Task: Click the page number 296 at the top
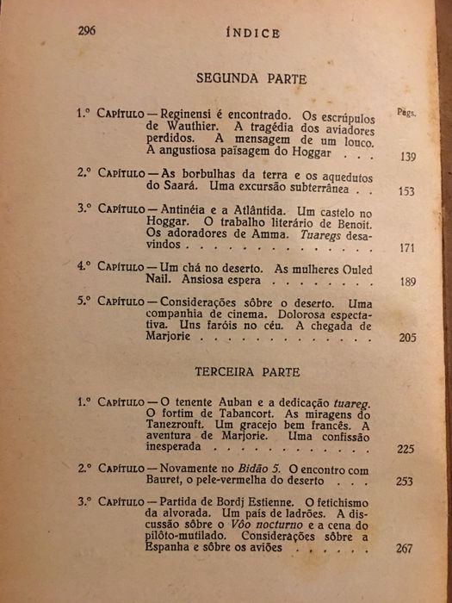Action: tap(86, 30)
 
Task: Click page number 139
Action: tap(409, 156)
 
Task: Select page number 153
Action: tap(407, 192)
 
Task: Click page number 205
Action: tap(407, 339)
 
